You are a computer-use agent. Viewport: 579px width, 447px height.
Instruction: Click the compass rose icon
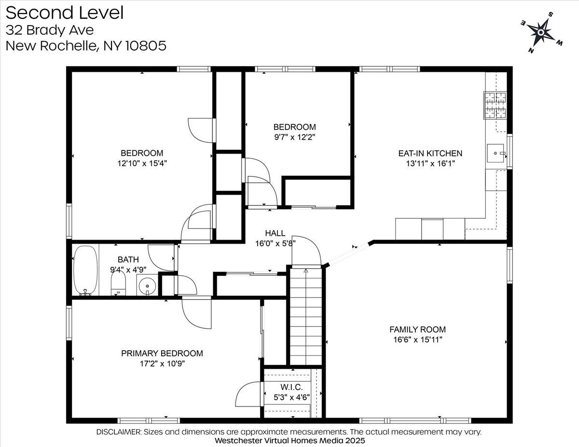[x=541, y=32]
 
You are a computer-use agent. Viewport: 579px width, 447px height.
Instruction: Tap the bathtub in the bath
[x=85, y=270]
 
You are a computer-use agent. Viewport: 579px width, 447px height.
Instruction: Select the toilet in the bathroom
[x=118, y=284]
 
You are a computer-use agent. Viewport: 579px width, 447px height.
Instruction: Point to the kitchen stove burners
[x=496, y=106]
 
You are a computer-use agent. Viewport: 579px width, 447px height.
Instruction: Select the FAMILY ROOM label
[x=417, y=329]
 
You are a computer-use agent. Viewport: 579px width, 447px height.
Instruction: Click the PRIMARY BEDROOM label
[x=162, y=353]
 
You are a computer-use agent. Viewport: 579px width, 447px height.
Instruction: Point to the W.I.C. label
[x=291, y=387]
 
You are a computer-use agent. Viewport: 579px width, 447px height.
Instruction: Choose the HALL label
[x=275, y=233]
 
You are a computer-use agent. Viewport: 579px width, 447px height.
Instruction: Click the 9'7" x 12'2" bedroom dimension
[x=294, y=137]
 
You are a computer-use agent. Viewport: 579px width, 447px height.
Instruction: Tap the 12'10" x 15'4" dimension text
[x=142, y=163]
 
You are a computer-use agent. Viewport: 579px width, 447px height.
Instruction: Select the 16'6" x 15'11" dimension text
[x=417, y=339]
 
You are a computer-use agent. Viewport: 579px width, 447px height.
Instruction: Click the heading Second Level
[x=65, y=13]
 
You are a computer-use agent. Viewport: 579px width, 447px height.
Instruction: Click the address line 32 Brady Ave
[x=50, y=30]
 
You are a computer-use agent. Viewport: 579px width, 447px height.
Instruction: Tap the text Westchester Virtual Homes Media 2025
[x=289, y=441]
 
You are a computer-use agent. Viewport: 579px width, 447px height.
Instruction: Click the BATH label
[x=128, y=260]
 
